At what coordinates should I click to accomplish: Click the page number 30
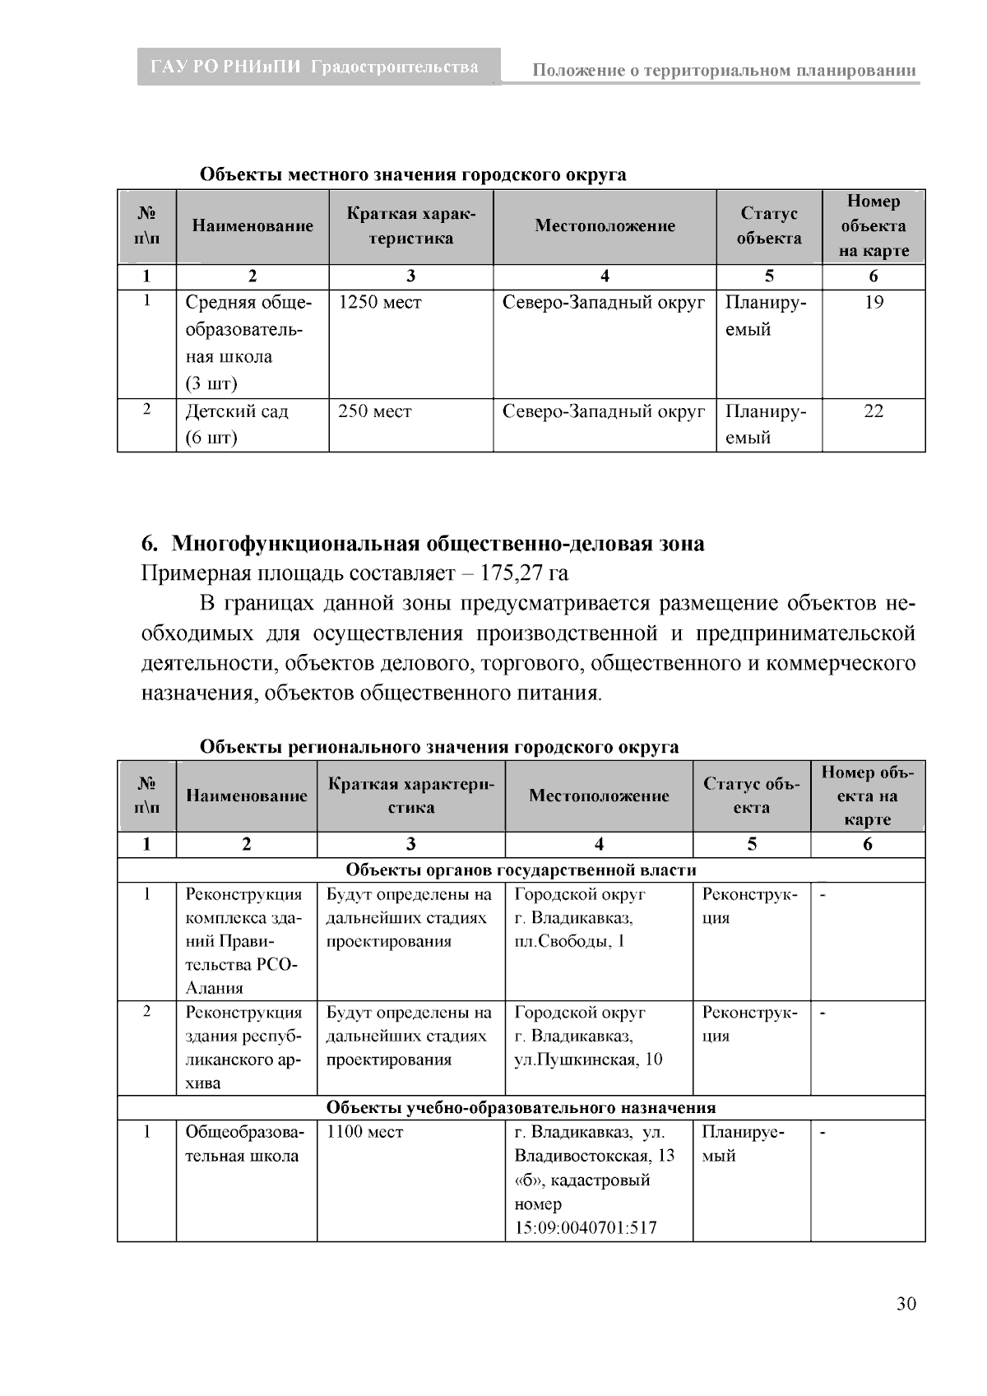pyautogui.click(x=906, y=1304)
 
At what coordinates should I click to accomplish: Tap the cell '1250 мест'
pyautogui.click(x=380, y=303)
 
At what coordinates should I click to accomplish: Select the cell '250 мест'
pyautogui.click(x=375, y=411)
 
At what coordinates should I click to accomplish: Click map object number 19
pyautogui.click(x=873, y=303)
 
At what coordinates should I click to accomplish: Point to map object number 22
pyautogui.click(x=873, y=411)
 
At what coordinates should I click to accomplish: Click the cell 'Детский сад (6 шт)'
pyautogui.click(x=237, y=424)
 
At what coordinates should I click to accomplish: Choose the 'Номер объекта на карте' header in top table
pyautogui.click(x=873, y=226)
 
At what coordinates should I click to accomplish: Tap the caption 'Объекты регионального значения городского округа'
pyautogui.click(x=439, y=747)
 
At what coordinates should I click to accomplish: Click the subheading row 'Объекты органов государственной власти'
pyautogui.click(x=521, y=870)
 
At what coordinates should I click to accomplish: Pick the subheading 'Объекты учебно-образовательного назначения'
pyautogui.click(x=521, y=1108)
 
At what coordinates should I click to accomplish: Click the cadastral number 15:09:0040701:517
pyautogui.click(x=586, y=1228)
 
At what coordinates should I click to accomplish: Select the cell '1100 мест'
pyautogui.click(x=365, y=1133)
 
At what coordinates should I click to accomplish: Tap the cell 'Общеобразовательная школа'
pyautogui.click(x=243, y=1144)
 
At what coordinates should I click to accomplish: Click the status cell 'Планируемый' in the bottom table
pyautogui.click(x=743, y=1144)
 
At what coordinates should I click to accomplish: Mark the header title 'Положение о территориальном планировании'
pyautogui.click(x=724, y=71)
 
